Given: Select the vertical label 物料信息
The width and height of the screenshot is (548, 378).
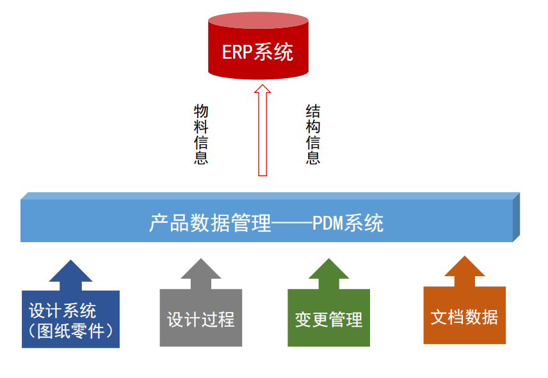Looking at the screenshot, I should point(201,135).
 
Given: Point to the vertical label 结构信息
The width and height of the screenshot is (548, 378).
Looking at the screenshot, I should point(313,135).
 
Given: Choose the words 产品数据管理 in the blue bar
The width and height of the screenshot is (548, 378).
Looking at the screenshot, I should point(211,224).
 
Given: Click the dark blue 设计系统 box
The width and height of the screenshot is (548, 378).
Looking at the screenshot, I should point(70,319).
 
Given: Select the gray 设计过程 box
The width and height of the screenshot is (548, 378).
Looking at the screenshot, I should point(201,318).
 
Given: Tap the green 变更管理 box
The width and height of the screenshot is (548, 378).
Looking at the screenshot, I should point(328,318).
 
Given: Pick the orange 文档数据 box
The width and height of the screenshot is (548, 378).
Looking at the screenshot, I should point(464,316).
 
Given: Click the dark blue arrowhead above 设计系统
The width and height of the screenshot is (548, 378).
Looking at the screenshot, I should point(70,273).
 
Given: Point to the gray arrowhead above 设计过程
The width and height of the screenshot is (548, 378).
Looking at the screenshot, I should point(201,270).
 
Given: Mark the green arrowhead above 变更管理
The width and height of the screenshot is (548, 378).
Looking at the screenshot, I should point(328,270).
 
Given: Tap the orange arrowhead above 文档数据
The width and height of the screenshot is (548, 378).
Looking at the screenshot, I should point(464,268).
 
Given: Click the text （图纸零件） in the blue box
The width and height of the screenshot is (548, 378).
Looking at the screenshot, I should point(70,331).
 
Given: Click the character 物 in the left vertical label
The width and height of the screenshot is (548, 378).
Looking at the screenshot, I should point(201,111).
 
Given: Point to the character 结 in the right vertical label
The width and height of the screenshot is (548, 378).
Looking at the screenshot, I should point(313,111).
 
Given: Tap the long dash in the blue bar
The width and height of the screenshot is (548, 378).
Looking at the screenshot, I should point(292,224).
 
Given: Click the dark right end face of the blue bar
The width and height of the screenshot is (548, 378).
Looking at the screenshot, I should point(516,217).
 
